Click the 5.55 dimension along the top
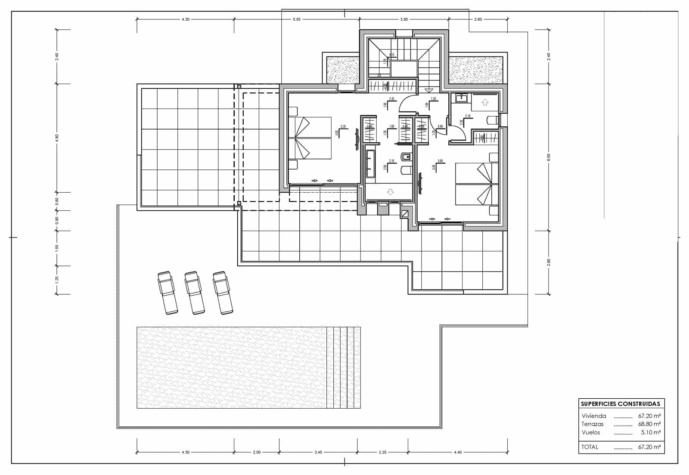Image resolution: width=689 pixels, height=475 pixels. point(296,19)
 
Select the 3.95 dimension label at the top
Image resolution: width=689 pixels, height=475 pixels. point(403,19)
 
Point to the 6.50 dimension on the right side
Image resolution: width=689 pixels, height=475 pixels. point(548,157)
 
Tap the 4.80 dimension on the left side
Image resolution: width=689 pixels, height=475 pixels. point(57,138)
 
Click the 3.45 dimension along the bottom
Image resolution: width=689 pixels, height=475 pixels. point(318,452)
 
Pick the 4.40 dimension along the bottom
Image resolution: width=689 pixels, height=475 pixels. point(457,452)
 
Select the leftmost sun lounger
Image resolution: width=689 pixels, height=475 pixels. point(167,293)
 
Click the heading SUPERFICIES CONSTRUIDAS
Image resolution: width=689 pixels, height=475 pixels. point(620,404)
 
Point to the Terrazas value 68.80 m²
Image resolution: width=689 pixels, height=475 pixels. point(649,424)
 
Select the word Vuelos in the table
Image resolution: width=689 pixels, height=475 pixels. point(590,432)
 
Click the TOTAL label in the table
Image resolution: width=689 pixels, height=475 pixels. point(590,447)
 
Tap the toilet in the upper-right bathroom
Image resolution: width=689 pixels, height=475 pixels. point(492,120)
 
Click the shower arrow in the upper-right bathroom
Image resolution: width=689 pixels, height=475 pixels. point(485,103)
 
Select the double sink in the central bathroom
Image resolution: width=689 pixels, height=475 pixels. point(369,164)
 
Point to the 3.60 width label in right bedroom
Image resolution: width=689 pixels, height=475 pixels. point(440,161)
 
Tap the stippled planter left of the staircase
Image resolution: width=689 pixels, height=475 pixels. point(343,70)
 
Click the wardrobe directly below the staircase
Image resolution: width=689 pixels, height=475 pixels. point(392,86)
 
